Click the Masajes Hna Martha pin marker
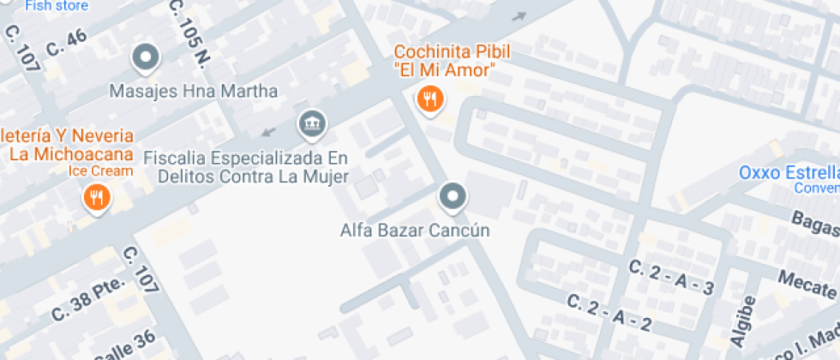coord(147,57)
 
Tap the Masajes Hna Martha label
coord(194,91)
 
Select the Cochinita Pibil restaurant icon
coord(429,99)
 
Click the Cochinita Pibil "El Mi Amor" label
coord(445,61)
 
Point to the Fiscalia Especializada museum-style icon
coord(311,124)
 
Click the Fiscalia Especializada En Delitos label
coord(246,168)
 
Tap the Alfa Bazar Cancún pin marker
coord(452,197)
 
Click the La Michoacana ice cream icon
coord(96,199)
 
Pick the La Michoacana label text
coord(69,146)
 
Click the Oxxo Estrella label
coord(789,173)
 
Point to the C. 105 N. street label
coord(189,34)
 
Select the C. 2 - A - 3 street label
coord(671,277)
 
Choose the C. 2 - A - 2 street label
coord(609,312)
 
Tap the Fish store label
coord(57,6)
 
